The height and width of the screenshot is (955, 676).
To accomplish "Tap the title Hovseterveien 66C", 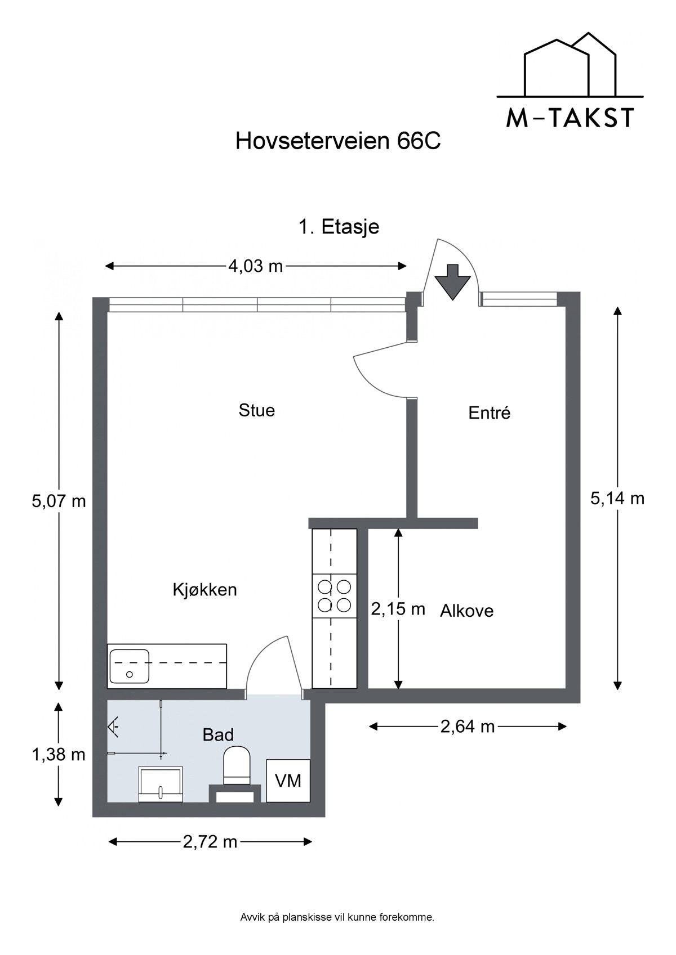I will tap(337, 141).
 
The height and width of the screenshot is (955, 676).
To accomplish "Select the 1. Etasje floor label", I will tap(339, 227).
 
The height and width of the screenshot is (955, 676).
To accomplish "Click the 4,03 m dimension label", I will tap(255, 266).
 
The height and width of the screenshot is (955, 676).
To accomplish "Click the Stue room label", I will tap(257, 410).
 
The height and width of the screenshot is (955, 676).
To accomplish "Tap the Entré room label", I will tap(490, 413).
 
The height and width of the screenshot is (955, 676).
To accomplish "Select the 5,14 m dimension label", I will tap(617, 498).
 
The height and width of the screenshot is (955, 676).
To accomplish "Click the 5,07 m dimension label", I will tap(59, 500).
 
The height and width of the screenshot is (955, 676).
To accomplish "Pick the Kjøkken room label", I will tap(204, 590).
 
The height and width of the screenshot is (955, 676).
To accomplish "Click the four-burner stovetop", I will tap(335, 597).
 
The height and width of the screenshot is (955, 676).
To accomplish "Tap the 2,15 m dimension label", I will tap(398, 609).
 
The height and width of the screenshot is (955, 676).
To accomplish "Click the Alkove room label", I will tap(466, 611).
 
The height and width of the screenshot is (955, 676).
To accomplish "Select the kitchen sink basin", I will tap(130, 666).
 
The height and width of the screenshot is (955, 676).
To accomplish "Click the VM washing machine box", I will tap(288, 781).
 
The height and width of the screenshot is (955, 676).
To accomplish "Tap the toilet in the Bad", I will tap(237, 765).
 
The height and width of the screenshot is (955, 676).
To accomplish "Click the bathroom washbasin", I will tap(161, 784).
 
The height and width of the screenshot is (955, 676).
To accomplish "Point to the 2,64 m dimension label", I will tap(468, 727).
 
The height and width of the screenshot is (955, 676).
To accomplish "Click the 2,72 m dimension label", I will tap(210, 842).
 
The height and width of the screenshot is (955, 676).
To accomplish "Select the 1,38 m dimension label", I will tap(59, 755).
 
